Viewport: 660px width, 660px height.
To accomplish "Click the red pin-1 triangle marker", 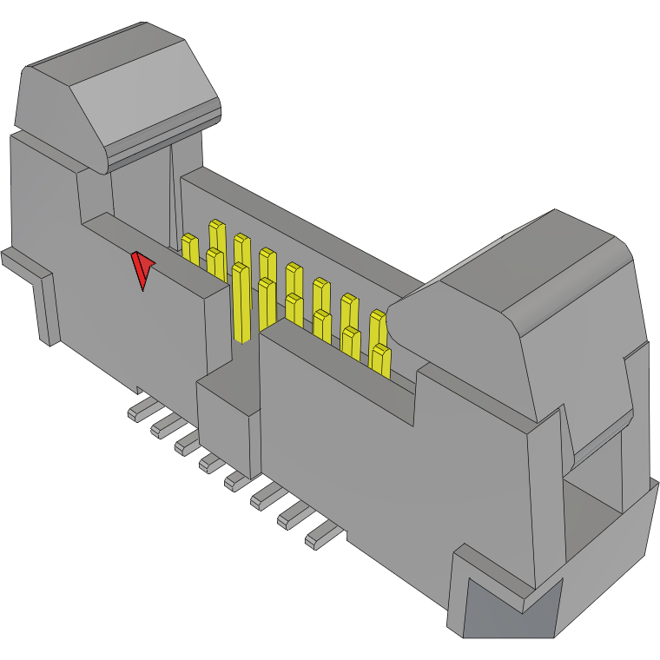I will tap(142, 268).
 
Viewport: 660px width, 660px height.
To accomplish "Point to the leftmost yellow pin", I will tap(189, 247).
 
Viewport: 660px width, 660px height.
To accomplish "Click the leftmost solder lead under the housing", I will tap(139, 409).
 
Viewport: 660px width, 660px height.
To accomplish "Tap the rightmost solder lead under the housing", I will tap(319, 536).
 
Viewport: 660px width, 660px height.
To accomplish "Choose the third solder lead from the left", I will tap(186, 444).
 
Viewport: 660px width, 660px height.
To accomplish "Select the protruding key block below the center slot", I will tap(228, 417).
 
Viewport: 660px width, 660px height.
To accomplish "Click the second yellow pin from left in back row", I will tap(241, 247).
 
